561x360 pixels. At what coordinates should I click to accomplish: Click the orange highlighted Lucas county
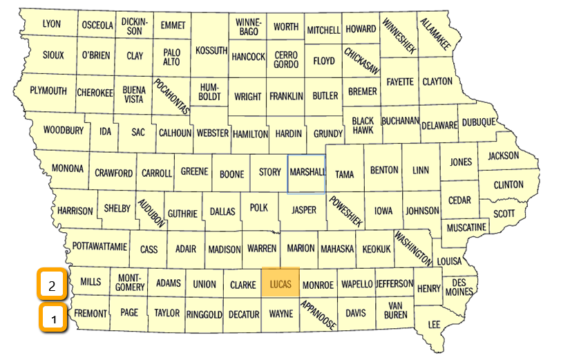click(280, 284)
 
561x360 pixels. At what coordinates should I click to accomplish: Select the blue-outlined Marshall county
click(306, 173)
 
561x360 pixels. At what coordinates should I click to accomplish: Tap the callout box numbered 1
click(54, 319)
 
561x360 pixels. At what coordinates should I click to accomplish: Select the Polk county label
click(259, 207)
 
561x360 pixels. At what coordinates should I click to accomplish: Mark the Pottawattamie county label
click(99, 246)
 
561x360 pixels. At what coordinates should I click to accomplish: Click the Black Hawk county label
click(363, 125)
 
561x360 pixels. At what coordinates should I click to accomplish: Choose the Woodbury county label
click(63, 129)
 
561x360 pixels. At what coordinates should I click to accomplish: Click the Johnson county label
click(421, 211)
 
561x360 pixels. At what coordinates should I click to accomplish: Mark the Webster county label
click(212, 131)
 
